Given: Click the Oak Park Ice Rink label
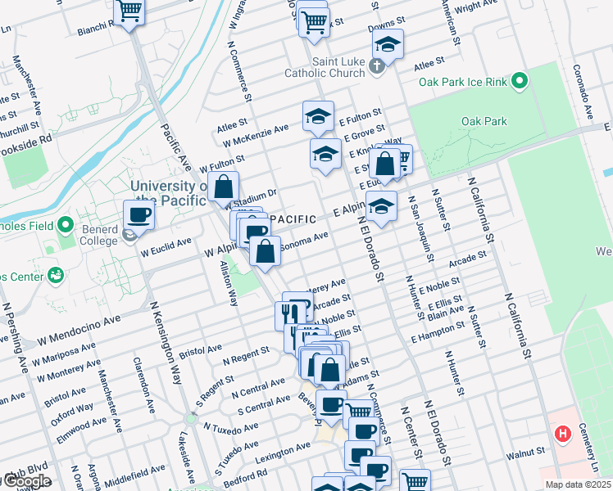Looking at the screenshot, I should point(464,82).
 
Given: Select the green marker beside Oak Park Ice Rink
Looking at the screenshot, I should point(520,81).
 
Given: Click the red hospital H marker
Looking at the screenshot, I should point(563,434).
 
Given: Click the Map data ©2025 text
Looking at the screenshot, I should point(578,484).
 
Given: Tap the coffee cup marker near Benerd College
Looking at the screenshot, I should point(138,215).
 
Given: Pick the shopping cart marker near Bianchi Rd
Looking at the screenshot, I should point(129,11).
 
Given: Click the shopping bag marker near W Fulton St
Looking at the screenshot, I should point(223,186).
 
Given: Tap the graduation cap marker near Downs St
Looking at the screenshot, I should point(388,43).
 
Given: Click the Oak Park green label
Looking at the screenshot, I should point(484,121).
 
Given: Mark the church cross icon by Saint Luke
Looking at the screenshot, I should point(377,66).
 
